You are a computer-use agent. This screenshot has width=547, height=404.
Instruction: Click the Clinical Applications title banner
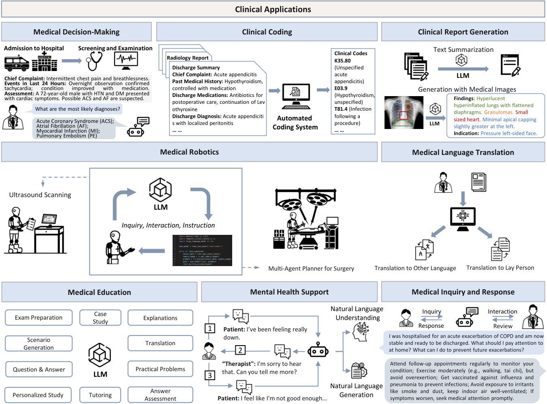click(273, 9)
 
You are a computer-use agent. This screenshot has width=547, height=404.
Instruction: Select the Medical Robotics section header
click(189, 152)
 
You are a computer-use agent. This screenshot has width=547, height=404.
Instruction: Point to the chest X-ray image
click(404, 112)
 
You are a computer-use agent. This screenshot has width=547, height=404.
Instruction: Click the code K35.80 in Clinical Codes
click(342, 60)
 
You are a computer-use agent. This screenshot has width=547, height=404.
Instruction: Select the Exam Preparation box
click(38, 318)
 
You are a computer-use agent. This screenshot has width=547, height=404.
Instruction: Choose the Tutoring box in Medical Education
click(100, 395)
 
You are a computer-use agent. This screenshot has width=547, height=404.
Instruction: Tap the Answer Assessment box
click(160, 395)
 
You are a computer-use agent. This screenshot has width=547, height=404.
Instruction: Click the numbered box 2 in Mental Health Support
click(240, 350)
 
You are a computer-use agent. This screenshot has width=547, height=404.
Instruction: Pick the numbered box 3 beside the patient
click(210, 375)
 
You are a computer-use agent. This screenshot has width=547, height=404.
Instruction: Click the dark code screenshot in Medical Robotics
click(202, 250)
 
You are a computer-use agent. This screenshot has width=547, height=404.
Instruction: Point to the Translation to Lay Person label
click(500, 268)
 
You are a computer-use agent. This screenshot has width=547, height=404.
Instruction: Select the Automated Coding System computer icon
click(296, 97)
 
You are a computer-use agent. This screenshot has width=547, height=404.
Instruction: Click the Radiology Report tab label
click(188, 58)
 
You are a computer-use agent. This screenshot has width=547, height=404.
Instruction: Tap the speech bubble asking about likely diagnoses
click(77, 109)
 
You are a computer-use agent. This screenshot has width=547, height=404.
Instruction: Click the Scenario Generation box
click(38, 344)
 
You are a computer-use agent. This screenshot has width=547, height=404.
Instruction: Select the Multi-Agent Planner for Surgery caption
click(311, 269)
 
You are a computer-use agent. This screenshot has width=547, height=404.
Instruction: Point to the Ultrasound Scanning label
click(40, 195)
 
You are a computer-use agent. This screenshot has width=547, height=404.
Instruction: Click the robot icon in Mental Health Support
click(318, 350)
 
